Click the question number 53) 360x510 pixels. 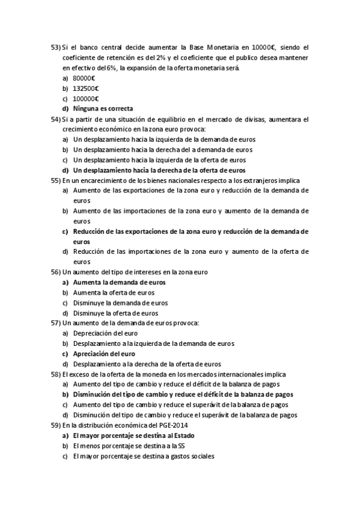(55, 47)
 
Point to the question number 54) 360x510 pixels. (55, 119)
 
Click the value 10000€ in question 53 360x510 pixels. (261, 47)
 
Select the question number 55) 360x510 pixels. (55, 180)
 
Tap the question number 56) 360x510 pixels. (55, 272)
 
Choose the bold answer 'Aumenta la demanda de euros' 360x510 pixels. (119, 282)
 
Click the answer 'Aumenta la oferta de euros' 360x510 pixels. (114, 292)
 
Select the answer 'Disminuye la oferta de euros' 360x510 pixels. (115, 313)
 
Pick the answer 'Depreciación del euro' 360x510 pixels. (106, 333)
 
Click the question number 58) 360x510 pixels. (55, 374)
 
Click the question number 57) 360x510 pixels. (55, 323)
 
